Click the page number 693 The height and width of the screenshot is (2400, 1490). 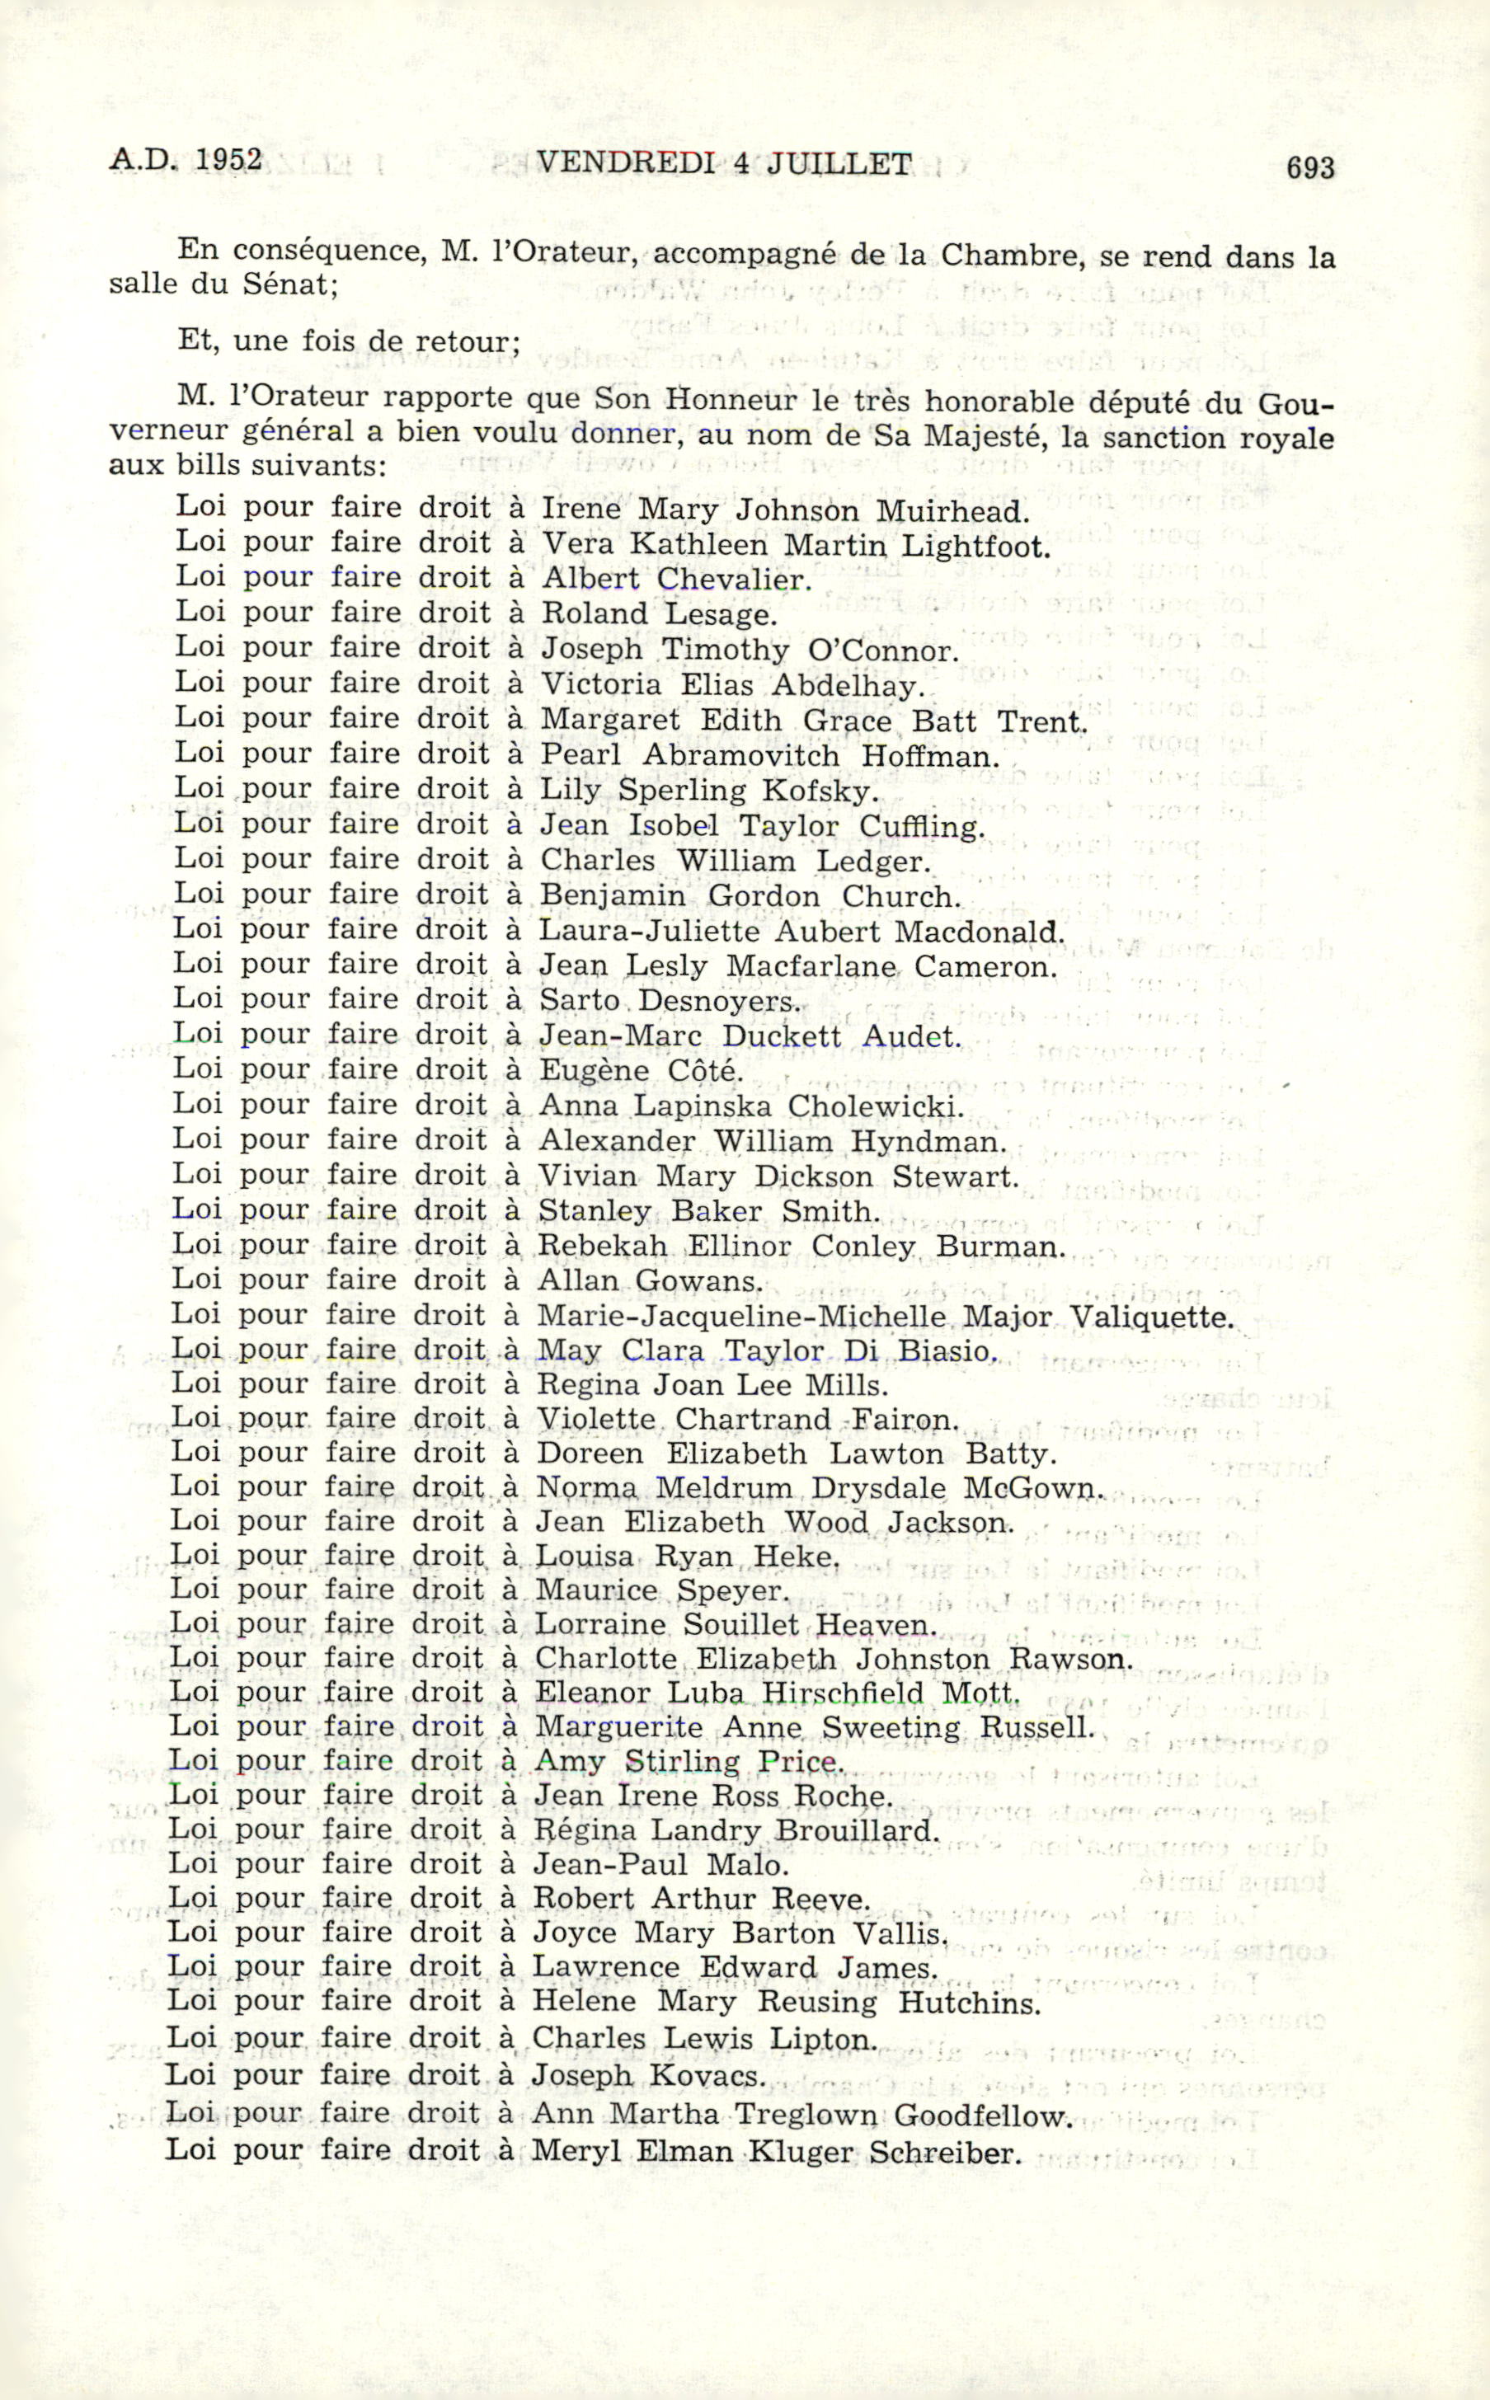[x=1309, y=167]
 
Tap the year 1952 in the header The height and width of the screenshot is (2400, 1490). [x=228, y=160]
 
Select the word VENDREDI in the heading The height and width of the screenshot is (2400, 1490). [x=626, y=162]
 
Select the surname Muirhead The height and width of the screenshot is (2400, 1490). [x=952, y=511]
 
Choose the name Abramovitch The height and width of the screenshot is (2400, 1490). [x=741, y=757]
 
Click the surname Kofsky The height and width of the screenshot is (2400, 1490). [x=819, y=791]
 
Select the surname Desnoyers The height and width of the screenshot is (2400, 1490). [x=719, y=1001]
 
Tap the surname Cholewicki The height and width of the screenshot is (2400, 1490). [x=875, y=1106]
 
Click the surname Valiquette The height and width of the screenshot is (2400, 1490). [x=1151, y=1317]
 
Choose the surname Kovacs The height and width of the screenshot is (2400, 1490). [x=707, y=2076]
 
